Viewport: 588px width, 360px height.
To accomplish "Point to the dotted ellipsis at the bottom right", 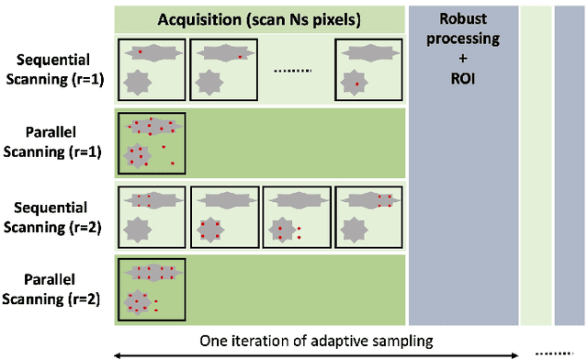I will [x=548, y=350].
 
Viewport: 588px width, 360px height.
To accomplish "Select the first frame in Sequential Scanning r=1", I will [x=151, y=68].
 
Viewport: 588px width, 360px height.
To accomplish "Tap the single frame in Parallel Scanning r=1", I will [x=151, y=141].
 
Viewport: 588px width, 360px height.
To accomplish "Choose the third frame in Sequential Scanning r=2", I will [x=296, y=216].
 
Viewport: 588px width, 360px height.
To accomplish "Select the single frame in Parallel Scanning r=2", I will [x=151, y=288].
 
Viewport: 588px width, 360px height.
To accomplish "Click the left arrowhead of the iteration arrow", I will [x=115, y=354].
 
